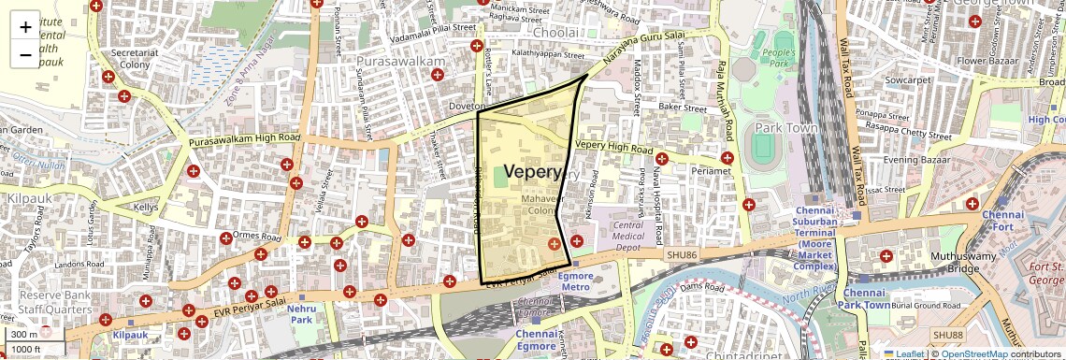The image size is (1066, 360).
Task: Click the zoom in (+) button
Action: tap(25, 27)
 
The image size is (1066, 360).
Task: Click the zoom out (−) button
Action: tap(25, 55)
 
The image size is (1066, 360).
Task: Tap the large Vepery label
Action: tap(533, 172)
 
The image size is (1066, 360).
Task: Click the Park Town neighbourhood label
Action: tap(786, 128)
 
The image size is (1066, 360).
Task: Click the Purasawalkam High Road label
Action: tap(244, 139)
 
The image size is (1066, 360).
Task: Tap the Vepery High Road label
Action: tap(613, 147)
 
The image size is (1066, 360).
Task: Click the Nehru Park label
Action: tap(301, 313)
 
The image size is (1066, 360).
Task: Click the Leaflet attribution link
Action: tap(904, 353)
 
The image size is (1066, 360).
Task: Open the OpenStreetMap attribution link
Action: tap(974, 353)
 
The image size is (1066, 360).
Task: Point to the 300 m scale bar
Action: tap(34, 335)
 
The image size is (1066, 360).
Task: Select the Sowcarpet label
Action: tap(911, 80)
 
